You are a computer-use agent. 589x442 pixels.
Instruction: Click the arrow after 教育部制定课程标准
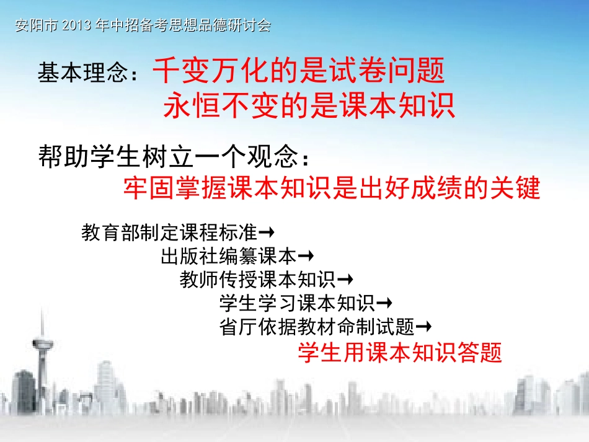click(267, 233)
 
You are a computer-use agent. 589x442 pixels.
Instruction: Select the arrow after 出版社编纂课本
click(306, 256)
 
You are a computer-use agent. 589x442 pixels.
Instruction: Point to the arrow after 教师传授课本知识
click(345, 280)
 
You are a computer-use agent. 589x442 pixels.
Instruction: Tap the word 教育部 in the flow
click(107, 234)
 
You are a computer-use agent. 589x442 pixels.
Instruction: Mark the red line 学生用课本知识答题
click(399, 353)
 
